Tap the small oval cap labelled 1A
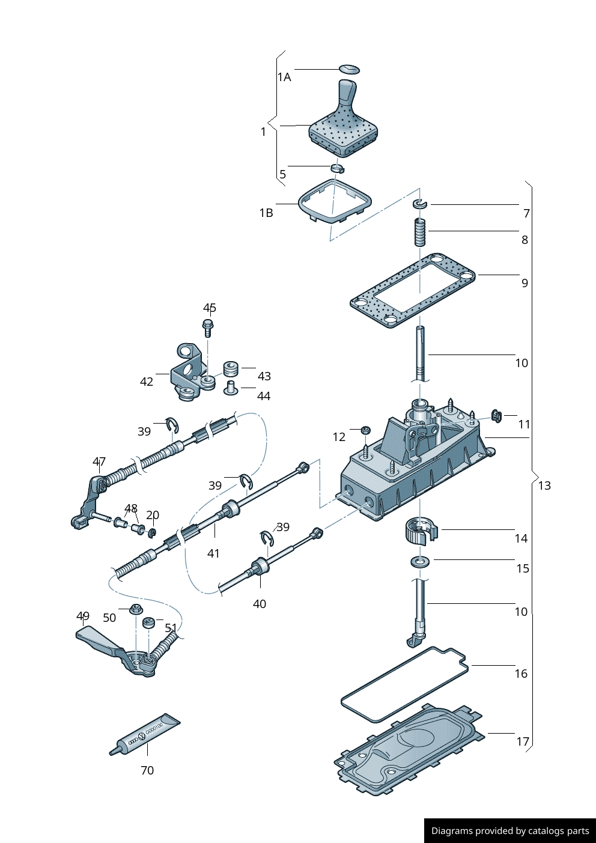349,69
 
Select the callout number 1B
266,213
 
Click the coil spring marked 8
420,232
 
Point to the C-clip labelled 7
419,205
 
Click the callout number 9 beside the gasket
525,283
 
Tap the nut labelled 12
365,430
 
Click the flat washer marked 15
420,562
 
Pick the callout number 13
544,485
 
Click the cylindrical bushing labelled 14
421,529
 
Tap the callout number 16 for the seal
521,674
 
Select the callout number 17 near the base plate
523,741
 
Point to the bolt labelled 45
208,327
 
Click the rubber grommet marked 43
231,368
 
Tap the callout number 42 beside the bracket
147,382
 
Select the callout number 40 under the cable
260,604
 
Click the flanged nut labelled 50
136,609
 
